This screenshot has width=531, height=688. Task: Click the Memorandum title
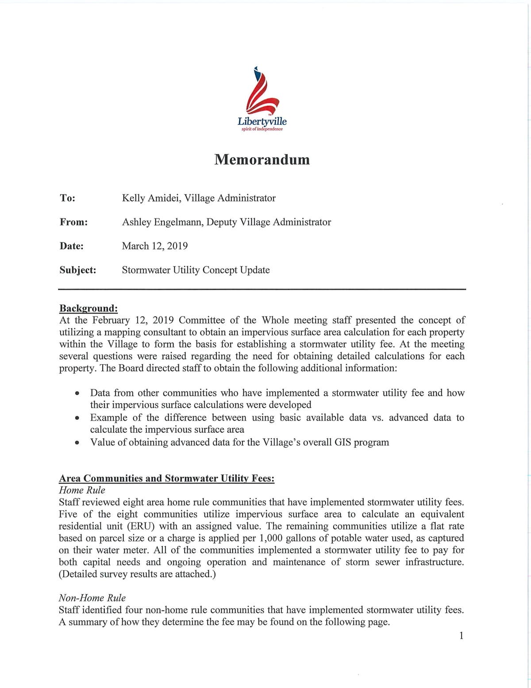(262, 159)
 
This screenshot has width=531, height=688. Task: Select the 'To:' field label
(67, 198)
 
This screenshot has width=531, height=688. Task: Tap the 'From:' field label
(73, 222)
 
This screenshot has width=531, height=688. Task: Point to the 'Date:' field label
(71, 246)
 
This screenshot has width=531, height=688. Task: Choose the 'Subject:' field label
(78, 270)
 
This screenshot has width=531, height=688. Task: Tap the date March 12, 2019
(154, 246)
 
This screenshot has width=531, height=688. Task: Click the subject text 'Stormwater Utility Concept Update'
(196, 270)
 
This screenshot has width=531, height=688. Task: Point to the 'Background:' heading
(88, 308)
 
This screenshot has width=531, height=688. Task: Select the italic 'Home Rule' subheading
(82, 490)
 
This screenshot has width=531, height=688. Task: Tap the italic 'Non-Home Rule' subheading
(92, 598)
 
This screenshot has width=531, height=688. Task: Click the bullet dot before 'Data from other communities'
(77, 393)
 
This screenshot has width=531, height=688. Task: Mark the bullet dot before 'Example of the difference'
(77, 418)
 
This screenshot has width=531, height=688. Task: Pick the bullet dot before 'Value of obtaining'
(77, 442)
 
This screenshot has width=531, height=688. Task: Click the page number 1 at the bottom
(462, 636)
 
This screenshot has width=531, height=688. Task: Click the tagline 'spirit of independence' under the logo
(262, 129)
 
